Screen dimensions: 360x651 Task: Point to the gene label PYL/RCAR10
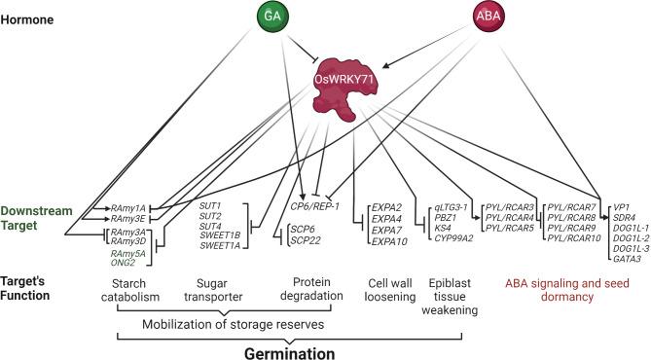pos(576,238)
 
